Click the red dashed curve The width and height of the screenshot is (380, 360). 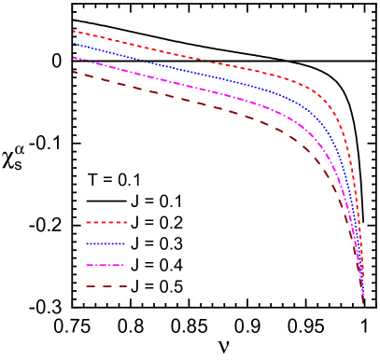pos(215,62)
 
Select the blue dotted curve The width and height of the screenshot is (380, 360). pos(215,76)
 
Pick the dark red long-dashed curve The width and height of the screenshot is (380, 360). pos(215,108)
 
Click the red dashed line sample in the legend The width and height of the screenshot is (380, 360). pos(106,222)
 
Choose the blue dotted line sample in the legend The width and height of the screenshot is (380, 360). pos(106,243)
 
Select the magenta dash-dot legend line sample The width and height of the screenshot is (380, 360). pos(106,265)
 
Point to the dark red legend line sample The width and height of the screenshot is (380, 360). pos(106,286)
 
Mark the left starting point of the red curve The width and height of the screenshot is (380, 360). pos(73,31)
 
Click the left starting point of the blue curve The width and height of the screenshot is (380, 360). pos(73,43)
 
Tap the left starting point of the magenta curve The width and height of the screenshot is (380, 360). pos(73,57)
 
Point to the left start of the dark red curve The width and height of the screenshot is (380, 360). pos(73,72)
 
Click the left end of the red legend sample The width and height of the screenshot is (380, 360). pos(86,222)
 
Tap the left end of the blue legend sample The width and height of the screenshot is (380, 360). pos(86,243)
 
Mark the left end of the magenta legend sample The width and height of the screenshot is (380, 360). pos(86,265)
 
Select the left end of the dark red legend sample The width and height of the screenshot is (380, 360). pos(86,286)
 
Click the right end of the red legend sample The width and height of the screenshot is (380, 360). pos(126,222)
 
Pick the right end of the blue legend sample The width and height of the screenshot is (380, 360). pos(126,243)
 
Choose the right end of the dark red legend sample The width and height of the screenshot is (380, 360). pos(126,286)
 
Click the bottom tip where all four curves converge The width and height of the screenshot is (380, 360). pos(363,301)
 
